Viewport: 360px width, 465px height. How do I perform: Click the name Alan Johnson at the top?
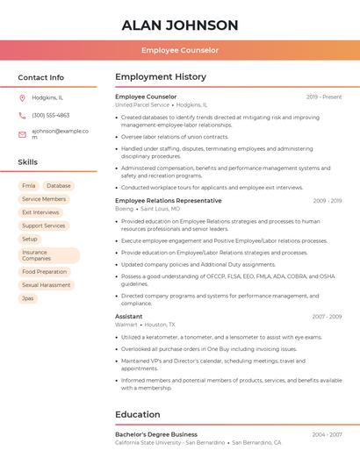pyautogui.click(x=180, y=25)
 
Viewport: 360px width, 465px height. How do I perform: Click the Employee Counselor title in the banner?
pyautogui.click(x=180, y=51)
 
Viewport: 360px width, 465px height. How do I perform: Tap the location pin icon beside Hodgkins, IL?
pyautogui.click(x=22, y=97)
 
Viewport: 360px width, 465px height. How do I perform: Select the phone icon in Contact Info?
pyautogui.click(x=22, y=115)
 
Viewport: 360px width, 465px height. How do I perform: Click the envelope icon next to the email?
pyautogui.click(x=22, y=134)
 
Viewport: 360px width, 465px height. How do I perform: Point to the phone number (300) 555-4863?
pyautogui.click(x=50, y=115)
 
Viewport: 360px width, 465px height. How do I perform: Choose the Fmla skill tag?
pyautogui.click(x=29, y=186)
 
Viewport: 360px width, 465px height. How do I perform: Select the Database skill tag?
pyautogui.click(x=59, y=186)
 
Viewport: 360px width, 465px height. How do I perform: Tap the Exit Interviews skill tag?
pyautogui.click(x=40, y=212)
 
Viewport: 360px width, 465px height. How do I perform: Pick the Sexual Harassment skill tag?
pyautogui.click(x=47, y=285)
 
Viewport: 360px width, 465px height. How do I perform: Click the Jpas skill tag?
pyautogui.click(x=28, y=298)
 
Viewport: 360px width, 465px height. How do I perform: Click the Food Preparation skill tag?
pyautogui.click(x=45, y=272)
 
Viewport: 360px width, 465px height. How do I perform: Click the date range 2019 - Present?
pyautogui.click(x=324, y=97)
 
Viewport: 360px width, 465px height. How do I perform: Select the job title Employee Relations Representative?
pyautogui.click(x=168, y=201)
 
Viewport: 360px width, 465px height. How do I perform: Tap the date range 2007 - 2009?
pyautogui.click(x=327, y=317)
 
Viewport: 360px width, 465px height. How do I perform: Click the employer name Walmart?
pyautogui.click(x=126, y=325)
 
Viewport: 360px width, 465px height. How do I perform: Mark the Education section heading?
pyautogui.click(x=137, y=414)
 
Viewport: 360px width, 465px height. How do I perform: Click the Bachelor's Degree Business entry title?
pyautogui.click(x=155, y=434)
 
